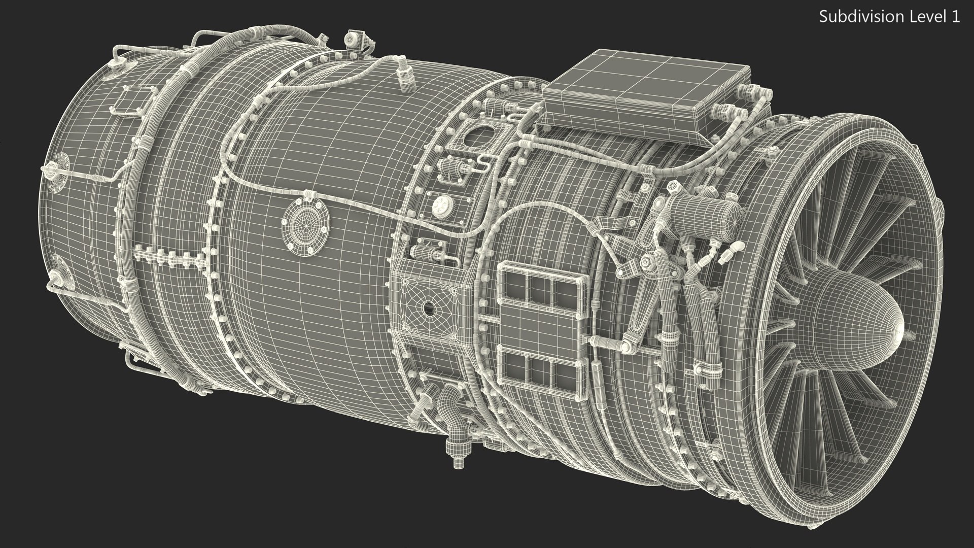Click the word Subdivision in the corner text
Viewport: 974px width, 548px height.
(853, 17)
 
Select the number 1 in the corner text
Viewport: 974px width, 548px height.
(955, 17)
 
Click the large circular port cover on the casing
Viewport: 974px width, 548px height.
(305, 222)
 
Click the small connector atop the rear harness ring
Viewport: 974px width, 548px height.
(351, 39)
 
